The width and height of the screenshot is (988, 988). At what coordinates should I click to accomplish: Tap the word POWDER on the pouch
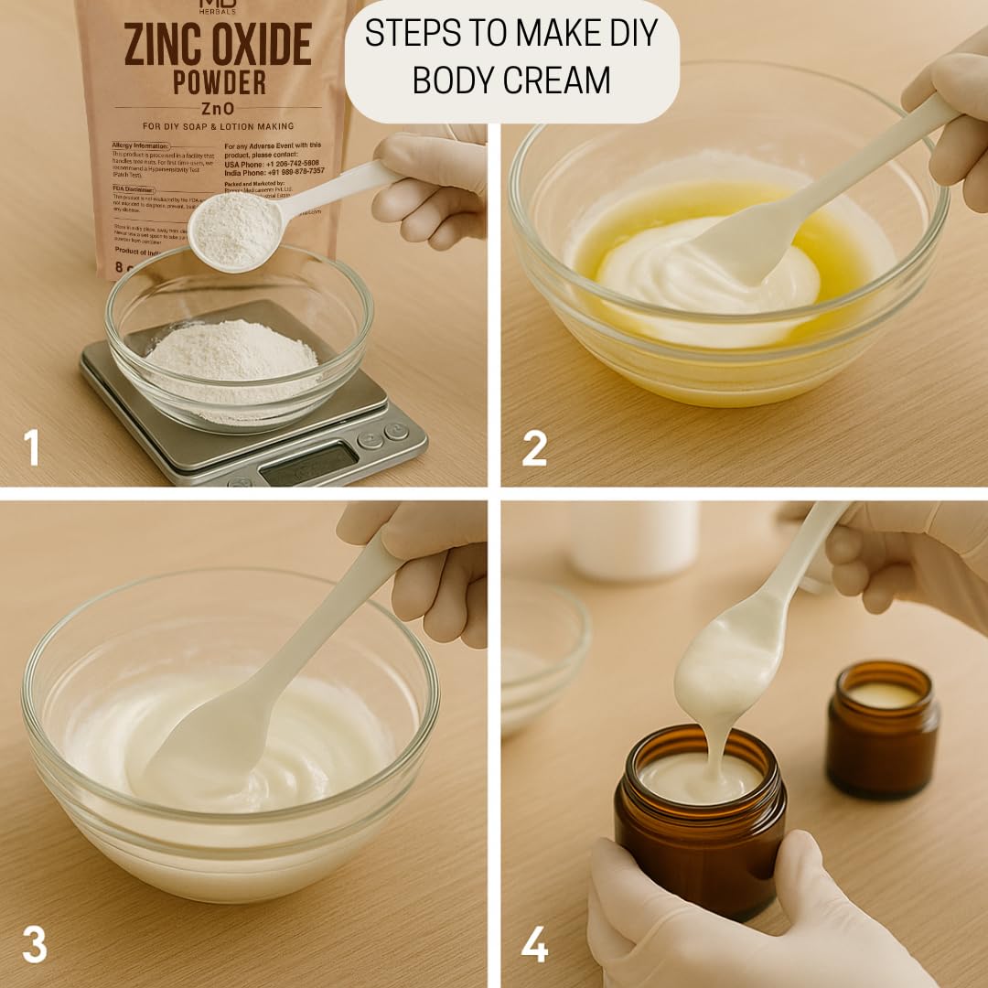[220, 81]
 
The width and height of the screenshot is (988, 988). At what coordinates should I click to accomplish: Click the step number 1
[32, 448]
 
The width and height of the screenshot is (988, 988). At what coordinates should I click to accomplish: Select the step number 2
[534, 448]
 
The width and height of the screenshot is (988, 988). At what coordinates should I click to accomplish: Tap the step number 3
[34, 945]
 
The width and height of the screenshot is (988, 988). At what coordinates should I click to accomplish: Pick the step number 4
[535, 945]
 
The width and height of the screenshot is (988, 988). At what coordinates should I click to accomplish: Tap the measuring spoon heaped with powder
[236, 230]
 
